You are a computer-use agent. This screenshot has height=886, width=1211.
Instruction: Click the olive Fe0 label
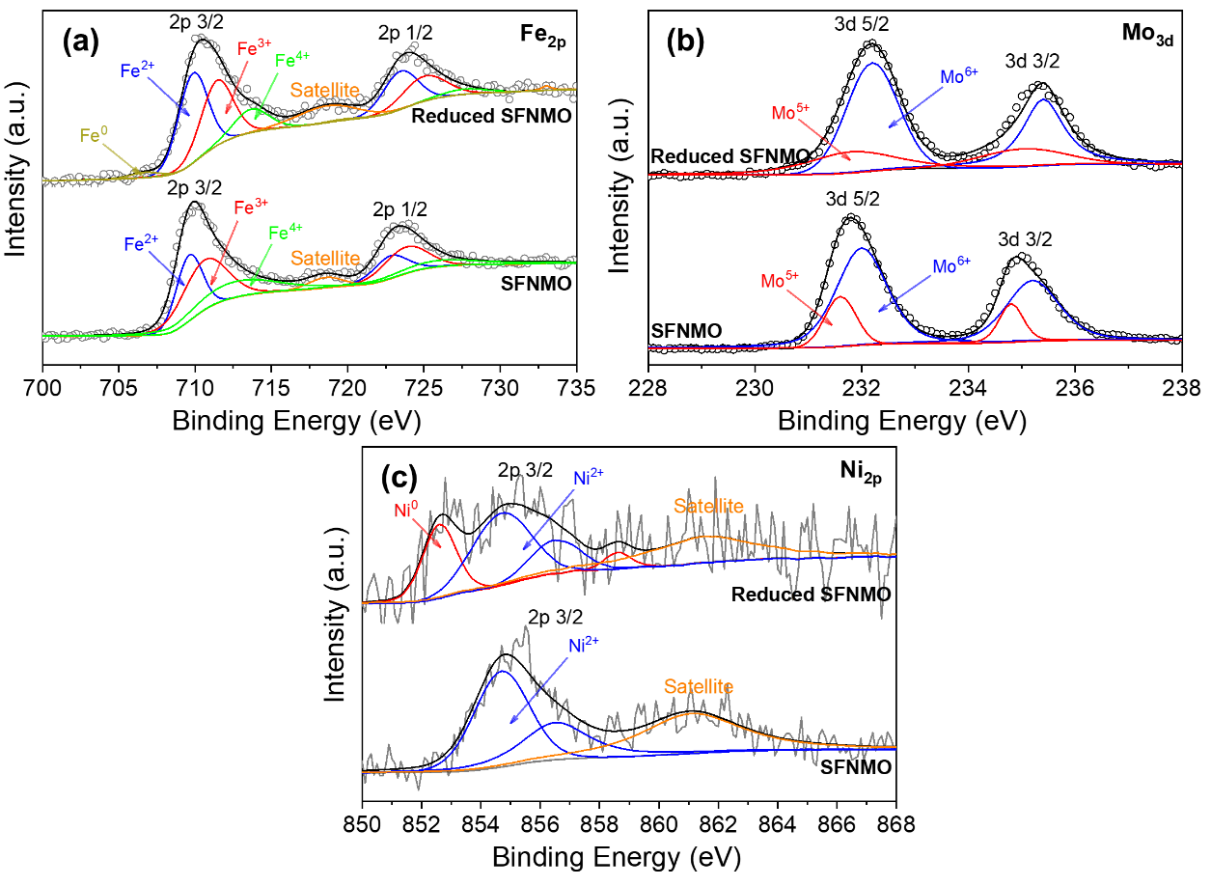pyautogui.click(x=93, y=136)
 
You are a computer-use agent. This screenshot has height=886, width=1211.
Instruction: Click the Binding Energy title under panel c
pyautogui.click(x=616, y=856)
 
